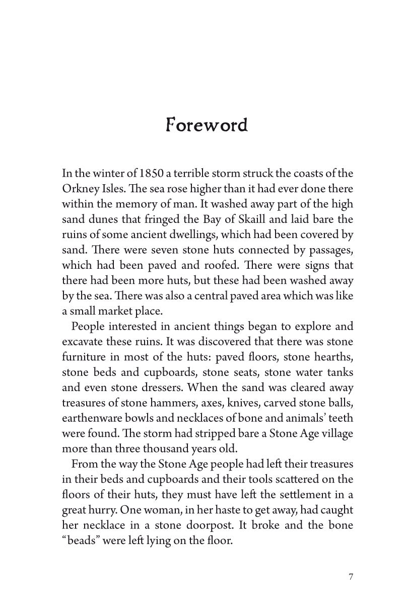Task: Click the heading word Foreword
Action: [x=207, y=125]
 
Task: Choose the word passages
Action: [x=328, y=250]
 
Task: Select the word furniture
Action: [x=84, y=357]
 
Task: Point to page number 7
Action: [x=351, y=576]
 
